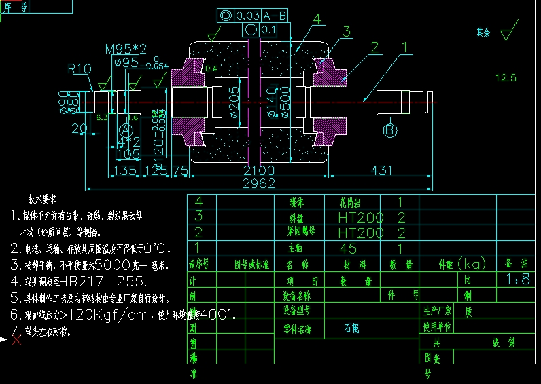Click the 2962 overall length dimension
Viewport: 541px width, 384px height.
[259, 183]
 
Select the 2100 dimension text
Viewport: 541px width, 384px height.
[258, 170]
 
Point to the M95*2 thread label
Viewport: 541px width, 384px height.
[126, 50]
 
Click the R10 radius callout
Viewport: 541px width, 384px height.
[79, 69]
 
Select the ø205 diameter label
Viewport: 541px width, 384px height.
[234, 102]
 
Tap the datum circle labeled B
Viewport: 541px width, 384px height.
[390, 130]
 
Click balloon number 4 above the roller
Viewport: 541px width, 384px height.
[317, 19]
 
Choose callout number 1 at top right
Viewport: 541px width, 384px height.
[405, 47]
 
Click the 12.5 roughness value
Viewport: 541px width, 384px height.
[506, 77]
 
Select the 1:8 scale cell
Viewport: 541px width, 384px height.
[518, 280]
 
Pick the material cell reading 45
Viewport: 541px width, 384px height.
[347, 249]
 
